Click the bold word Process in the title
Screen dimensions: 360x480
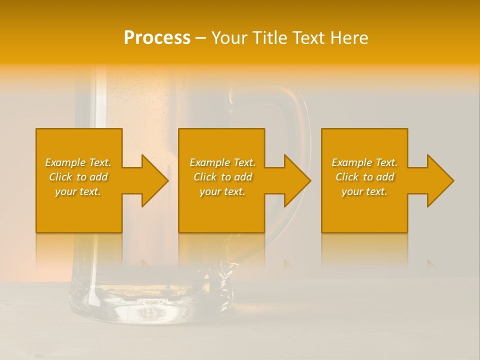[x=157, y=38]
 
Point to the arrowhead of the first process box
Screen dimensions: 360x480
[x=152, y=180]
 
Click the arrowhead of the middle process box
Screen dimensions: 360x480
[x=295, y=180]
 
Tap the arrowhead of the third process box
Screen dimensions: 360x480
[x=438, y=180]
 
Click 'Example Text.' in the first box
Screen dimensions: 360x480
[x=78, y=162]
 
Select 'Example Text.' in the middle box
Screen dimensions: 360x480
[x=222, y=162]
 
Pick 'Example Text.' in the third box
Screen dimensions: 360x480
[x=364, y=162]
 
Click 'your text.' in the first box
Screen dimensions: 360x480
[x=78, y=191]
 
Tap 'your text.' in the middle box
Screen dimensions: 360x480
[x=222, y=191]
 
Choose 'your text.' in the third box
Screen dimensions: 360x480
[x=364, y=191]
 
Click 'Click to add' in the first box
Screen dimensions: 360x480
[x=78, y=177]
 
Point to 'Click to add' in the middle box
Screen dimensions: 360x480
[x=222, y=177]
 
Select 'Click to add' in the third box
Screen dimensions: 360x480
[x=364, y=177]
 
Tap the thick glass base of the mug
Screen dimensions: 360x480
[x=150, y=310]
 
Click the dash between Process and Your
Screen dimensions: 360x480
[x=200, y=38]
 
